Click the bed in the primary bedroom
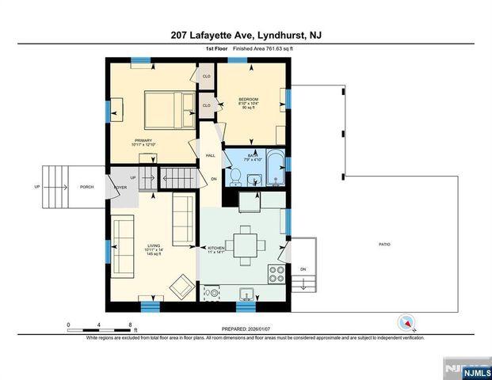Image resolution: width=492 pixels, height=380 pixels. pyautogui.click(x=166, y=111)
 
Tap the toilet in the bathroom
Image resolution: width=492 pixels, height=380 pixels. pyautogui.click(x=235, y=174)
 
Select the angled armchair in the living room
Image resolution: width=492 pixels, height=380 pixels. pyautogui.click(x=181, y=286)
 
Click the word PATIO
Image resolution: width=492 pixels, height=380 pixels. pyautogui.click(x=384, y=244)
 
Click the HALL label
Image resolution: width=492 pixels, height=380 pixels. pyautogui.click(x=211, y=156)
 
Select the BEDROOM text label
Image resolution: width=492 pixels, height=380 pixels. pyautogui.click(x=250, y=100)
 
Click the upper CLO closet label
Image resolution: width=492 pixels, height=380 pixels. pyautogui.click(x=206, y=77)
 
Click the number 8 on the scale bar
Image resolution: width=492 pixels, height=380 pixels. pyautogui.click(x=130, y=325)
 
